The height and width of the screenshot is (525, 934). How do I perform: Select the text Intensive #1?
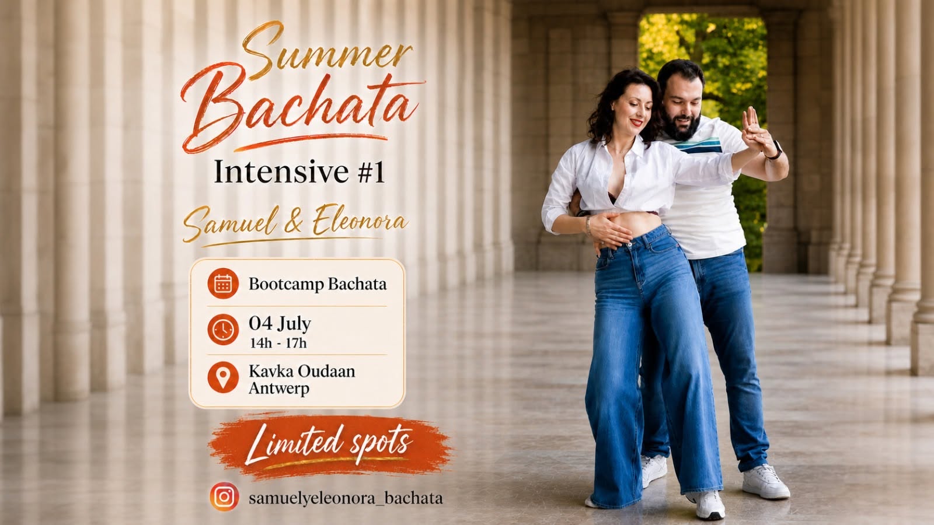(x=299, y=171)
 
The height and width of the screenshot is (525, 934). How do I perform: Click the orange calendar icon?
(x=223, y=283)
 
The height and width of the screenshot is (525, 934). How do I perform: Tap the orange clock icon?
(x=223, y=330)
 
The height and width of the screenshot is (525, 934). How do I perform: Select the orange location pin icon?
(x=223, y=377)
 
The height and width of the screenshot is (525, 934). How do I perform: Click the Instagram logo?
(x=224, y=496)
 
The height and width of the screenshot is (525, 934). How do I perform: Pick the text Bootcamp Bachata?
(x=318, y=284)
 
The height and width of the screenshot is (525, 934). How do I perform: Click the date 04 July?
(x=280, y=324)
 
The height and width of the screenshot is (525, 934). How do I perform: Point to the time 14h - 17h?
(x=278, y=344)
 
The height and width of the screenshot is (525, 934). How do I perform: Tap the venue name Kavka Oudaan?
(x=302, y=371)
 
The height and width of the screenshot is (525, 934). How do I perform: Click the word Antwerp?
(x=279, y=388)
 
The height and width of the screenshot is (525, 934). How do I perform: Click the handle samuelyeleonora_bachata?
(x=346, y=498)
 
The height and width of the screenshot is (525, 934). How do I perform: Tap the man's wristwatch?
(x=776, y=150)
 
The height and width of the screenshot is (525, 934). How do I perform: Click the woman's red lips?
(x=636, y=123)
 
